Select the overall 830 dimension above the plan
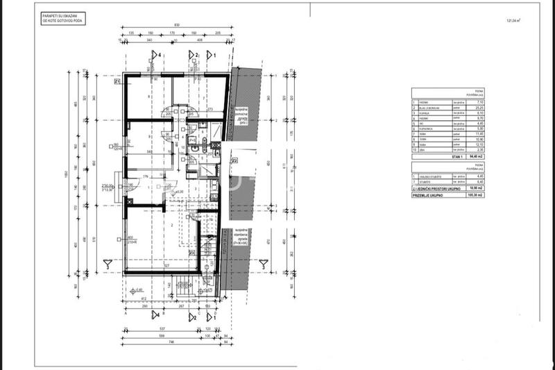(x=178, y=26)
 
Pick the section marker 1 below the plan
(x=216, y=316)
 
